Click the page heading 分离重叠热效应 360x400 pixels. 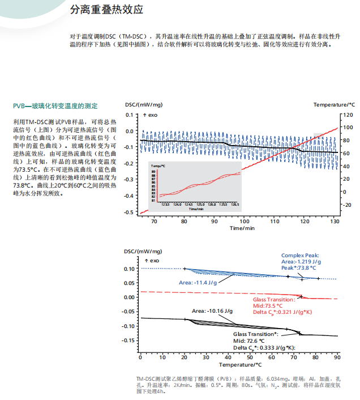106,10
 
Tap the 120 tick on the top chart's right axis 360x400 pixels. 346,114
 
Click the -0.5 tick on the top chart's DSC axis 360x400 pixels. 130,212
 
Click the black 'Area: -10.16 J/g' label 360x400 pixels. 212,311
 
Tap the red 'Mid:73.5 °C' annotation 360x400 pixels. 268,305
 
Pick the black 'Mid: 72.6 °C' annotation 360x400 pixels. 250,342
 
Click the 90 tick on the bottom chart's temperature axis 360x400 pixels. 337,358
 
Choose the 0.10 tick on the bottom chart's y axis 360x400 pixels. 128,269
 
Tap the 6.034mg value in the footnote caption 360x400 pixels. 276,378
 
